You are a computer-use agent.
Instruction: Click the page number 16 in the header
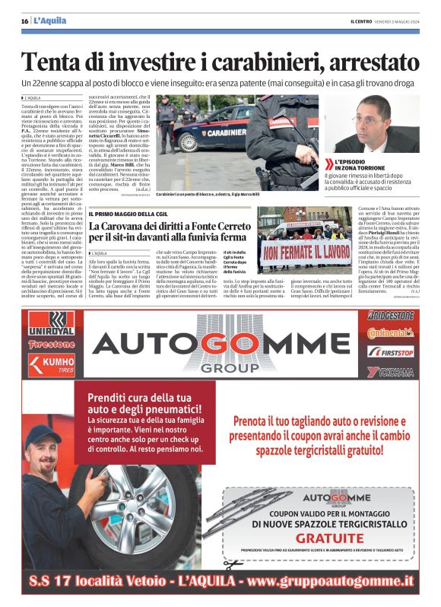(24, 21)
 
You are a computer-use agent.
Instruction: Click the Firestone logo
(51, 344)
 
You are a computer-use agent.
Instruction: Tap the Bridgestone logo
(390, 315)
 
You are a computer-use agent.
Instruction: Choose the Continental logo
(390, 333)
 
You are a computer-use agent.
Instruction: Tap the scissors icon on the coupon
(231, 564)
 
